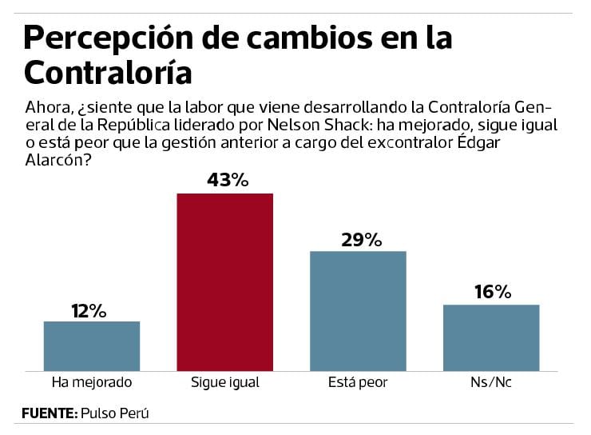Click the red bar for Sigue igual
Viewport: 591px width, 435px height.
(x=224, y=281)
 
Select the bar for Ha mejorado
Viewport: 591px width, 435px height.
(x=92, y=345)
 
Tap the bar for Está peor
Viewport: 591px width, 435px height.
(x=358, y=310)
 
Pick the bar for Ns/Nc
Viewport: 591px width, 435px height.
(x=491, y=337)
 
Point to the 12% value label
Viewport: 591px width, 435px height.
(x=92, y=310)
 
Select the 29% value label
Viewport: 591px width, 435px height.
(x=358, y=238)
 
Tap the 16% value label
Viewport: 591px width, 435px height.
(x=491, y=292)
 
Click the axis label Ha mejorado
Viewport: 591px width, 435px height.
(x=91, y=382)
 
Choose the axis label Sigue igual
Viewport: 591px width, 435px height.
(x=225, y=382)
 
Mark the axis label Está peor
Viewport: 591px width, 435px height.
(x=358, y=382)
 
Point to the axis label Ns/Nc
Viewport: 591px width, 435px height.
(x=491, y=382)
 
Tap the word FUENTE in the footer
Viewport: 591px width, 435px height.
(x=49, y=413)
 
